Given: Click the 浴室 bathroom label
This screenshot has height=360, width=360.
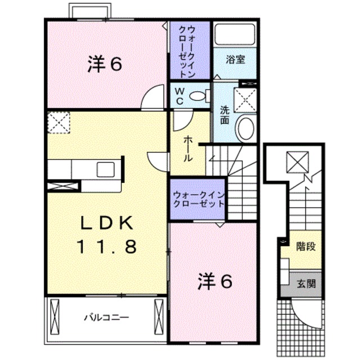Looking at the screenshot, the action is [x=235, y=60].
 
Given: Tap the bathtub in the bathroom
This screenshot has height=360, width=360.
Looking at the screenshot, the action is [x=235, y=34].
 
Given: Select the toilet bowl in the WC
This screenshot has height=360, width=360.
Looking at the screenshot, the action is [x=197, y=96].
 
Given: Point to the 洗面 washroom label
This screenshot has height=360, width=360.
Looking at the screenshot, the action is [x=225, y=115].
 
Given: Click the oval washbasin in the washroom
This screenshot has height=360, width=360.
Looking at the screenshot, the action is [x=246, y=128].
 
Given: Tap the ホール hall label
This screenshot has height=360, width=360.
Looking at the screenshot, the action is [x=188, y=148].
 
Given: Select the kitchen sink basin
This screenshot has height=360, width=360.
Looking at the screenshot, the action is [x=106, y=169].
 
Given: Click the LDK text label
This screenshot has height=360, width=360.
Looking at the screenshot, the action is [x=106, y=223].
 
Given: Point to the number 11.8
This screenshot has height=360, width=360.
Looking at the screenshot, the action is [x=107, y=246].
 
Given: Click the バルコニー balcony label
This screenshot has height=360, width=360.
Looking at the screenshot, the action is [x=106, y=318].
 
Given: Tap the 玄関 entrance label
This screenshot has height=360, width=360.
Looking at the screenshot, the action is [x=306, y=284].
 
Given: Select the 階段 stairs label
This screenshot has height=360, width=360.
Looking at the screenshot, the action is [x=306, y=246].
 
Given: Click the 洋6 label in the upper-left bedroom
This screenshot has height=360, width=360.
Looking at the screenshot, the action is [x=105, y=64].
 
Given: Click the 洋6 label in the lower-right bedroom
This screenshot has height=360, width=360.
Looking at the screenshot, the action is [x=215, y=281].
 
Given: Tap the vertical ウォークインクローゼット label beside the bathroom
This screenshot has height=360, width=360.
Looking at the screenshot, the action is [x=187, y=51].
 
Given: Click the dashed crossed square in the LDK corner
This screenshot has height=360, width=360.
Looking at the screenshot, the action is [x=58, y=123].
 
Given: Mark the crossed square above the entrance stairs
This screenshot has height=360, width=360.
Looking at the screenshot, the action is [x=298, y=162].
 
